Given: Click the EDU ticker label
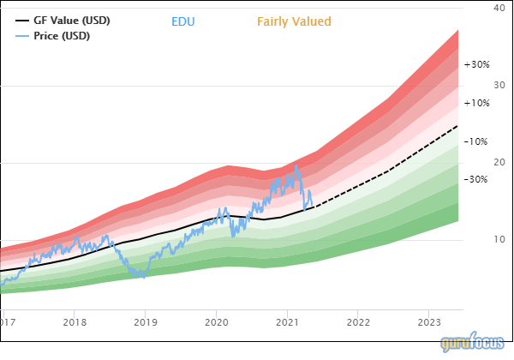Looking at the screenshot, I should pyautogui.click(x=183, y=21).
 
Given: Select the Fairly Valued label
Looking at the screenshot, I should pyautogui.click(x=294, y=21).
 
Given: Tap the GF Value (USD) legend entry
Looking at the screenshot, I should pyautogui.click(x=71, y=20).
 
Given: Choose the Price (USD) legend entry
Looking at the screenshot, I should pyautogui.click(x=61, y=36).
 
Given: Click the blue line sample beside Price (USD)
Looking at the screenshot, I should pyautogui.click(x=22, y=36).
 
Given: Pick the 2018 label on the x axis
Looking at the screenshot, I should pyautogui.click(x=75, y=322).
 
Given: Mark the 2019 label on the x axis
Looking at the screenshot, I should pyautogui.click(x=146, y=322).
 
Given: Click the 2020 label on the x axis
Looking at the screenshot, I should pyautogui.click(x=216, y=322).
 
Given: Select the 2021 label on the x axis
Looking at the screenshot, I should pyautogui.click(x=287, y=322).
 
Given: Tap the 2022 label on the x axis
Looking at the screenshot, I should pyautogui.click(x=358, y=322).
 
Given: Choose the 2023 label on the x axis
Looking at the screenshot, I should pyautogui.click(x=428, y=322).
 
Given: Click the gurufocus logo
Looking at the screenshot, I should pyautogui.click(x=474, y=344).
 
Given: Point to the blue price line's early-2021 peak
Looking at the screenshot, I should pyautogui.click(x=296, y=165).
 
